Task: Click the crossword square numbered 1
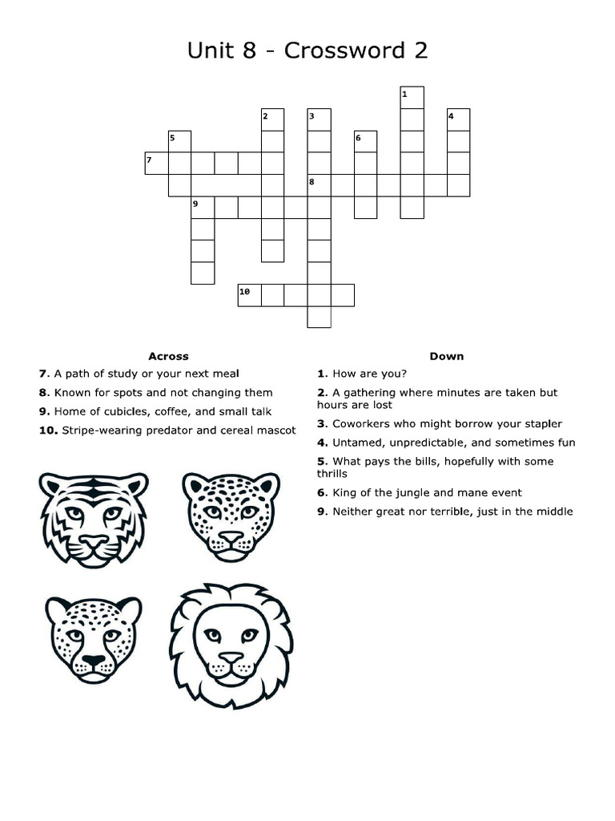[x=412, y=97]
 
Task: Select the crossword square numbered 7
[x=156, y=163]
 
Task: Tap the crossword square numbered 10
[x=250, y=294]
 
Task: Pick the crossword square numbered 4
[x=458, y=119]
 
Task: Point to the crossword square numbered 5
[x=179, y=141]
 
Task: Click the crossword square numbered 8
[x=320, y=185]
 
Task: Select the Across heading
[x=168, y=356]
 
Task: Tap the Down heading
[x=446, y=356]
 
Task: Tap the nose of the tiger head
[x=94, y=541]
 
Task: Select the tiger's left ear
[x=53, y=485]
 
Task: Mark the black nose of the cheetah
[x=94, y=661]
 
